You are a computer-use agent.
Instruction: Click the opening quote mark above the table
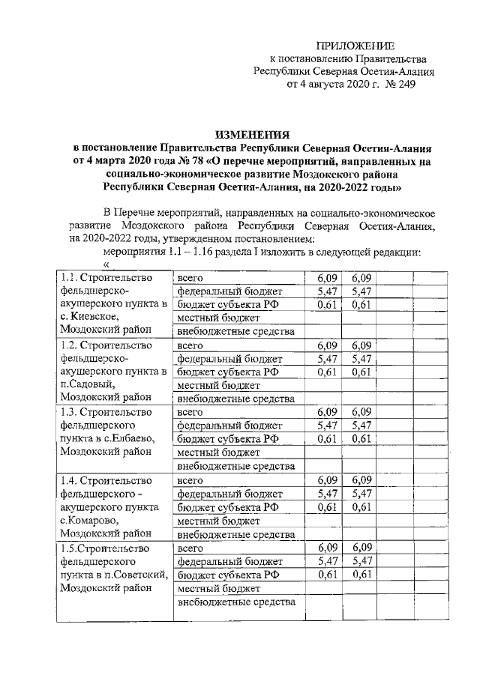pos(105,265)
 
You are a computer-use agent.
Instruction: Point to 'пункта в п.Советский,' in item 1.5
pos(113,574)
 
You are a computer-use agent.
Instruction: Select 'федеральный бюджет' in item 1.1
pos(229,291)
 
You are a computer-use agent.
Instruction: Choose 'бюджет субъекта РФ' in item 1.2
pos(227,372)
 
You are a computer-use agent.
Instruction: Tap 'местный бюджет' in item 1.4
pos(218,520)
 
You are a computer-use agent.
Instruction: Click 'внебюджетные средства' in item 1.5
pos(235,602)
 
